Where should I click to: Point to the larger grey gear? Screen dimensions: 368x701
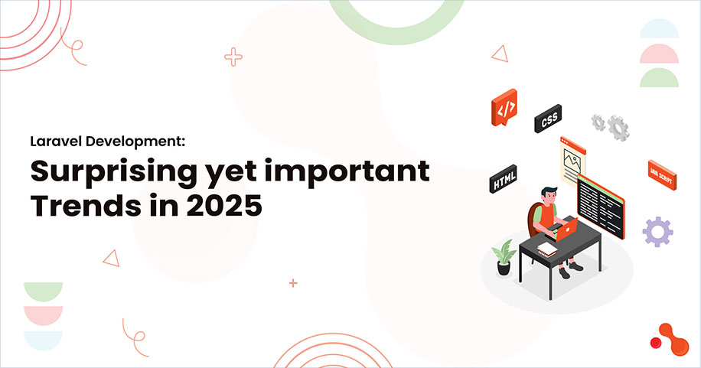[x=618, y=126]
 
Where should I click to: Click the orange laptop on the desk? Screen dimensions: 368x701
[x=567, y=230]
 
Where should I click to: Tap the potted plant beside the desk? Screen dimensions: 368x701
[x=503, y=257]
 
